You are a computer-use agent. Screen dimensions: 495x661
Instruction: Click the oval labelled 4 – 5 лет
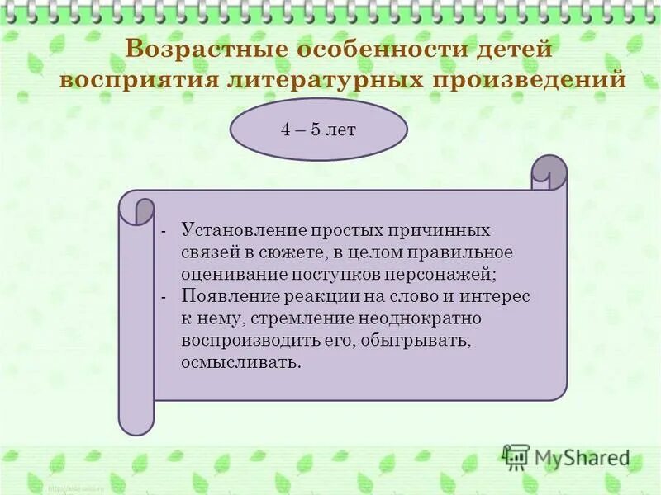pos(318,130)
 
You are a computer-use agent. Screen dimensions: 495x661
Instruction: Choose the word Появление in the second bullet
pos(223,295)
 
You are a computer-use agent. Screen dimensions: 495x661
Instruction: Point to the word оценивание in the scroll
pos(233,273)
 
